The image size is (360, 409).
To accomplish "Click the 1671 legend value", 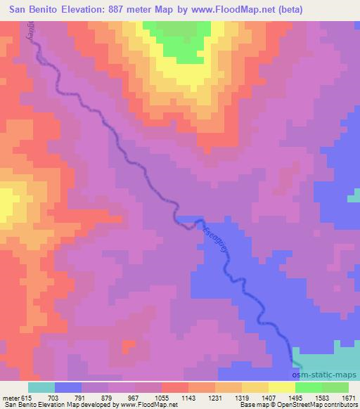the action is (349, 398).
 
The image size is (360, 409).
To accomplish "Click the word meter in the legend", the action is (11, 398).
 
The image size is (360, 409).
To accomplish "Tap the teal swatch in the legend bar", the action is (41, 387).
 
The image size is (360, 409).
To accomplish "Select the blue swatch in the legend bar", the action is (68, 387).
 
